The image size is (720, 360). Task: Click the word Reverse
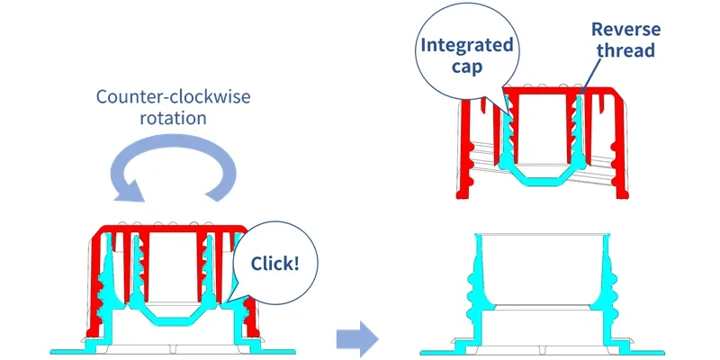pyautogui.click(x=625, y=30)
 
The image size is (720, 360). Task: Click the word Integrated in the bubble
pyautogui.click(x=466, y=45)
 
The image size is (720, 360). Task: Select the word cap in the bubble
pyautogui.click(x=466, y=67)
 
